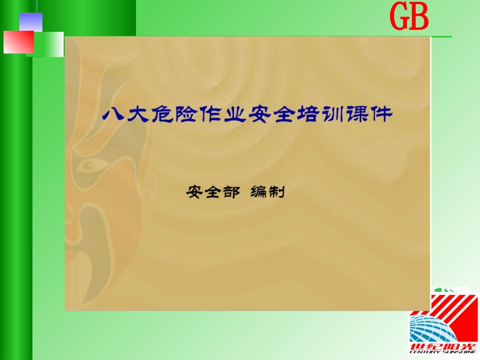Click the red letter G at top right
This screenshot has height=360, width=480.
tap(399, 19)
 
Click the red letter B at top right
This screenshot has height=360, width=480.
tap(419, 19)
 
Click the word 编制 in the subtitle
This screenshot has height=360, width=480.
tap(268, 192)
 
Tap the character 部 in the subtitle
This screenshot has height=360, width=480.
tap(229, 192)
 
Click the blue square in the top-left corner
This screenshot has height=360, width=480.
tap(30, 22)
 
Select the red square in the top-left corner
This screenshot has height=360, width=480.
tap(18, 42)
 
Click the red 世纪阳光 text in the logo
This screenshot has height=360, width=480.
tap(444, 348)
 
